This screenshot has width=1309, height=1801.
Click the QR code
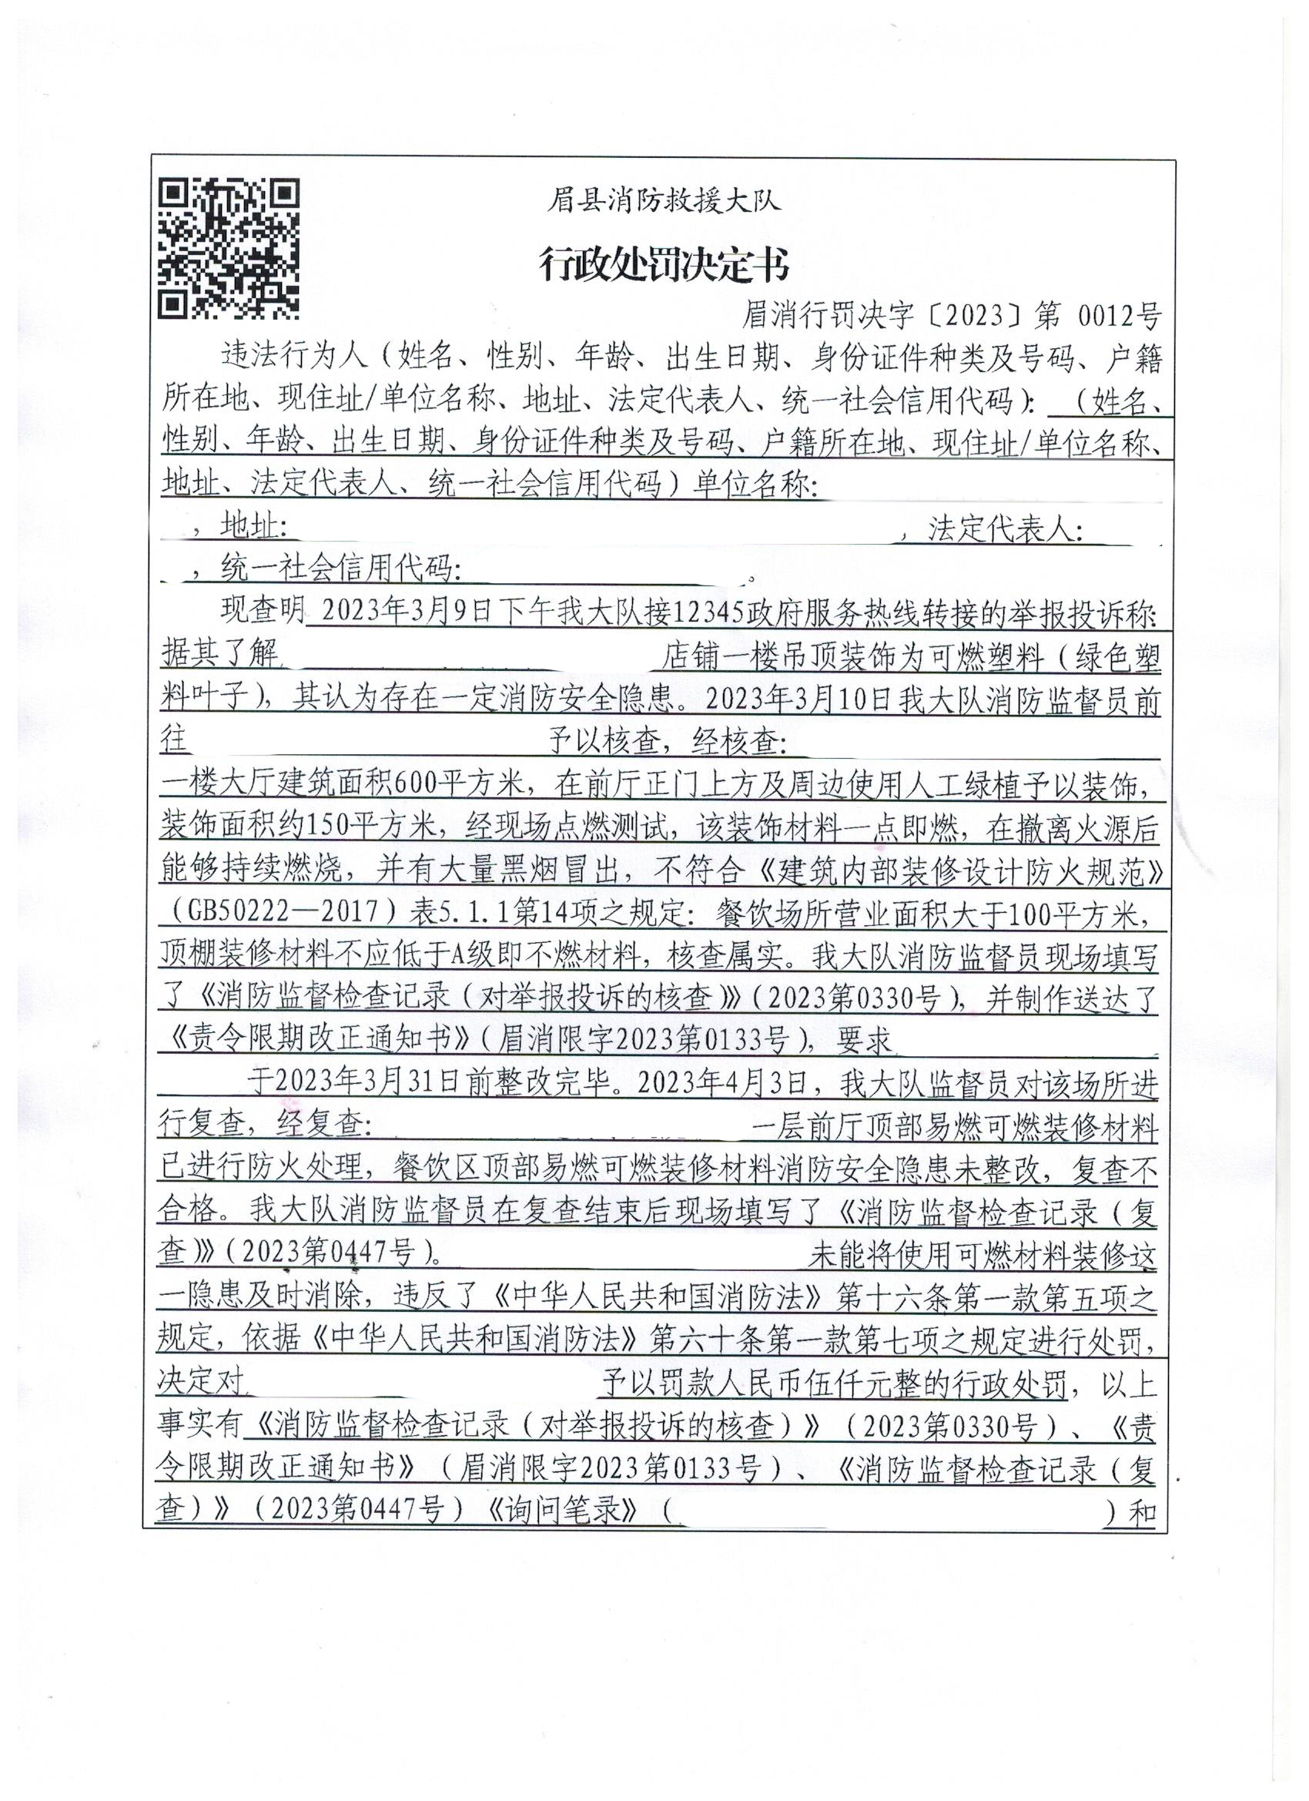(x=229, y=248)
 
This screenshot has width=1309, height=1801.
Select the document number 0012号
(x=1121, y=317)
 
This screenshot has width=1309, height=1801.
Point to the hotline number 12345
(x=709, y=612)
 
